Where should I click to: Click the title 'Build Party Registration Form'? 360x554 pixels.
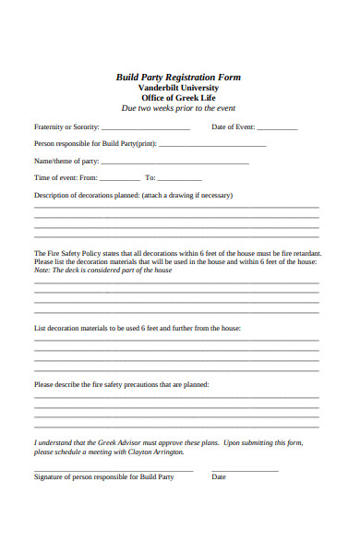(x=178, y=78)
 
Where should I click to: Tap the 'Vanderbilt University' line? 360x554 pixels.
(x=178, y=88)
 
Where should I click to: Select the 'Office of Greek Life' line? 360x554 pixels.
(x=178, y=98)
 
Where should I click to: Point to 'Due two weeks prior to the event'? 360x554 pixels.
(x=178, y=108)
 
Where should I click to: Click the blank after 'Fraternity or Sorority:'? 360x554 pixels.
(x=145, y=128)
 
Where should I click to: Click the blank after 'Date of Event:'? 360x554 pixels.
(x=276, y=128)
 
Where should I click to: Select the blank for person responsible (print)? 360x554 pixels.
(x=212, y=145)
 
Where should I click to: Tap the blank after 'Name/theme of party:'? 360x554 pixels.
(x=174, y=163)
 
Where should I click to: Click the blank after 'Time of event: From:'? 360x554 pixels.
(x=120, y=179)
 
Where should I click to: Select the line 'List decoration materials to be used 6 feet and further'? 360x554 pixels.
(x=138, y=328)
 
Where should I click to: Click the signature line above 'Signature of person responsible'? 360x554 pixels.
(x=114, y=470)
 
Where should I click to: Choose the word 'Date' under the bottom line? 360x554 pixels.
(x=219, y=477)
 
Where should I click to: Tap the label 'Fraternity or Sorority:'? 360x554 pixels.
(x=66, y=127)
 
